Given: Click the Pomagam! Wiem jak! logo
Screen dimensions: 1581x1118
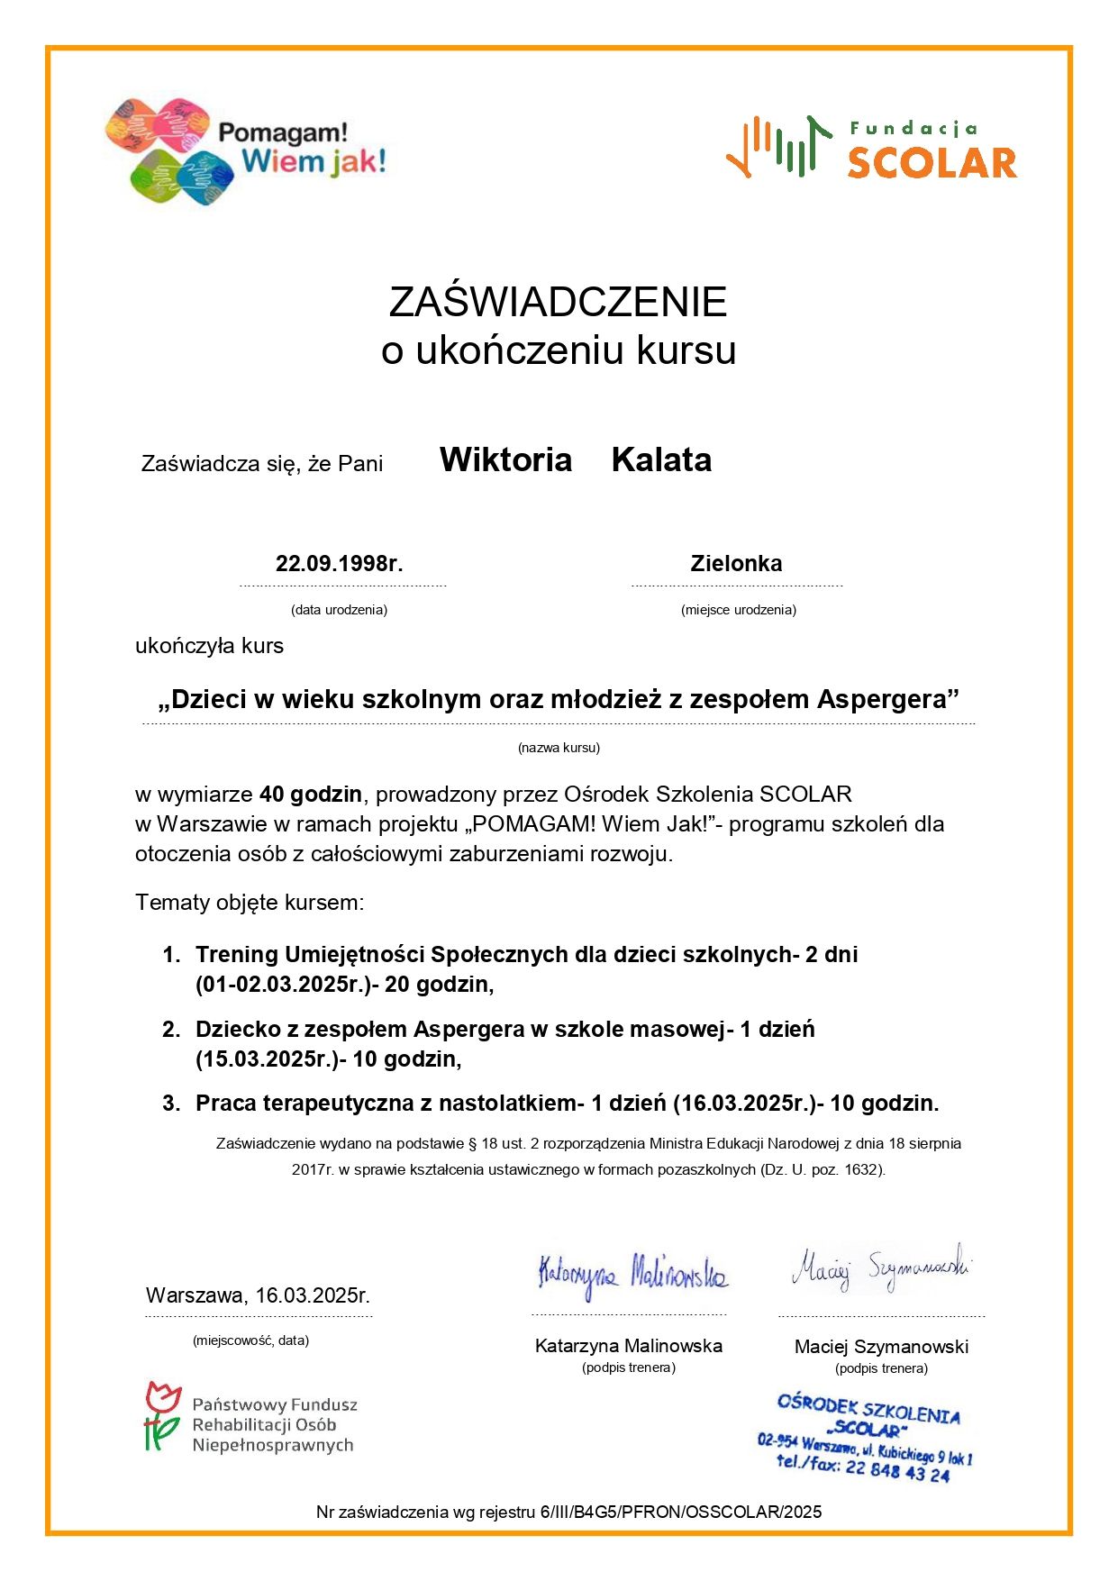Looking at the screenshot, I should [x=245, y=150].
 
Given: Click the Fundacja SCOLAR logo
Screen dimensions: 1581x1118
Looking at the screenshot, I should [x=871, y=147].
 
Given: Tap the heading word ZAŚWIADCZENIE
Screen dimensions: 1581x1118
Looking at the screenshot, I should [x=558, y=302].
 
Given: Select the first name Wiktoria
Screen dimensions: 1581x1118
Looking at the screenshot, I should [x=505, y=460].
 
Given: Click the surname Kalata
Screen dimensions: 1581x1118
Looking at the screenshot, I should [x=661, y=460].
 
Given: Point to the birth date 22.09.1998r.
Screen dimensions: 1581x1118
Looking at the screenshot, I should [x=339, y=564].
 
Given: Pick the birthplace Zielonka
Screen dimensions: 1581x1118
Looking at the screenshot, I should [x=736, y=564].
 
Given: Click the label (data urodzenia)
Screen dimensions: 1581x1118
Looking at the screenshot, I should [x=339, y=610].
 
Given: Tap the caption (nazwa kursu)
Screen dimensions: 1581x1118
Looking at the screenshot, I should [x=559, y=748].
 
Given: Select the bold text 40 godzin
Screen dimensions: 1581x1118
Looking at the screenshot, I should [x=311, y=795].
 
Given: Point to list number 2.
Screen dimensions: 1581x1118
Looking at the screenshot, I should [x=171, y=1030].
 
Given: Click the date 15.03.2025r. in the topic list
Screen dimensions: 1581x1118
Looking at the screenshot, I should [x=266, y=1059].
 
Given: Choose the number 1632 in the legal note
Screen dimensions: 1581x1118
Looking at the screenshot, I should [x=862, y=1170].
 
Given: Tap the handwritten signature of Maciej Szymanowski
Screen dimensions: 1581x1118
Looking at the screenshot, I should [x=880, y=1268].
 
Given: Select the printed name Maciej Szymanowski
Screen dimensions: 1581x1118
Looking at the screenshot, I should [x=881, y=1347].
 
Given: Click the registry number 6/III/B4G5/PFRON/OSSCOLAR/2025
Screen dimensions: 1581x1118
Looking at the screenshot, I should [x=681, y=1512].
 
